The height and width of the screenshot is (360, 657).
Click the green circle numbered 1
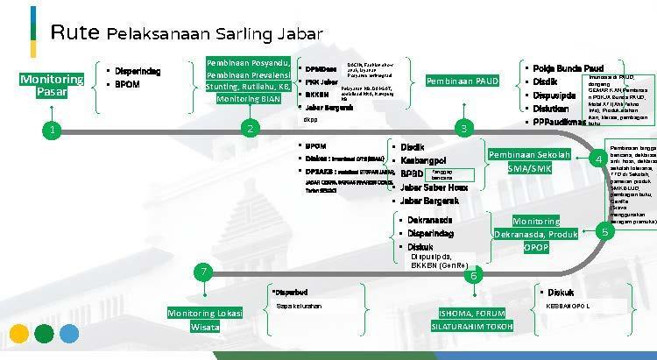(53, 130)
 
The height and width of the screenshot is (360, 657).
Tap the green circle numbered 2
(250, 130)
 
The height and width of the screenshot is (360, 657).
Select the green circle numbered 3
(463, 130)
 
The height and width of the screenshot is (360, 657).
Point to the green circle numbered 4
(597, 159)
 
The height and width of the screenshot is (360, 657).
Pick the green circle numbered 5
(604, 232)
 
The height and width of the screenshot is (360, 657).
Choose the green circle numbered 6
(474, 276)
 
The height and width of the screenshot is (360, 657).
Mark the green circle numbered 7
(203, 272)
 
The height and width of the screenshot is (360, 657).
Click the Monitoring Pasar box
(52, 86)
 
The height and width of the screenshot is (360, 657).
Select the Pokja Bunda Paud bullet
(569, 67)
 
